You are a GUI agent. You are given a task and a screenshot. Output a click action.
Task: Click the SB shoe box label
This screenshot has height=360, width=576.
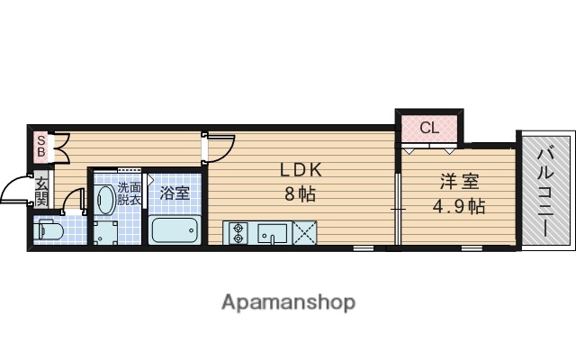(x=40, y=146)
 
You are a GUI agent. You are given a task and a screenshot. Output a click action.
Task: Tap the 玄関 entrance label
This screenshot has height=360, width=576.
(x=42, y=192)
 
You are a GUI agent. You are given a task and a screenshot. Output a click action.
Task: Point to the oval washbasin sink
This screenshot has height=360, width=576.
(x=104, y=198)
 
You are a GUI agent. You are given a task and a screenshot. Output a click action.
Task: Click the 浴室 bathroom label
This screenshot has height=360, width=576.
(x=175, y=193)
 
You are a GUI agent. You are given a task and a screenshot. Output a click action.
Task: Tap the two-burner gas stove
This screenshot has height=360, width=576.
(x=238, y=233)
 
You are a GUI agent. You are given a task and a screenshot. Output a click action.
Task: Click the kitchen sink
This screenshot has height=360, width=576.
(x=270, y=233)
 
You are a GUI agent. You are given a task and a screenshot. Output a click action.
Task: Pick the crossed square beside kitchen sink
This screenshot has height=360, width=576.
(x=304, y=232)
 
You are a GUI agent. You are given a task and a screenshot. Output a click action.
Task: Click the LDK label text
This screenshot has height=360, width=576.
(x=300, y=169)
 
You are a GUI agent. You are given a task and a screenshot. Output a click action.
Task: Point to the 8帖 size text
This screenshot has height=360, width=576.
(x=300, y=193)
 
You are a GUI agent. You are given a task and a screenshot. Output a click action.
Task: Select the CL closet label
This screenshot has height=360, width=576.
(x=429, y=128)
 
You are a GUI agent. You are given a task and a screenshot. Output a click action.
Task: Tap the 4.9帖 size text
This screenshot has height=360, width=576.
(x=459, y=205)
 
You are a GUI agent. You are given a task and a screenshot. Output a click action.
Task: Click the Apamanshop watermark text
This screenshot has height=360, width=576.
(x=288, y=301)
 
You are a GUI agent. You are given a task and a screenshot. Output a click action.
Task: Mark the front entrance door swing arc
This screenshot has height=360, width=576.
(x=15, y=189)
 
